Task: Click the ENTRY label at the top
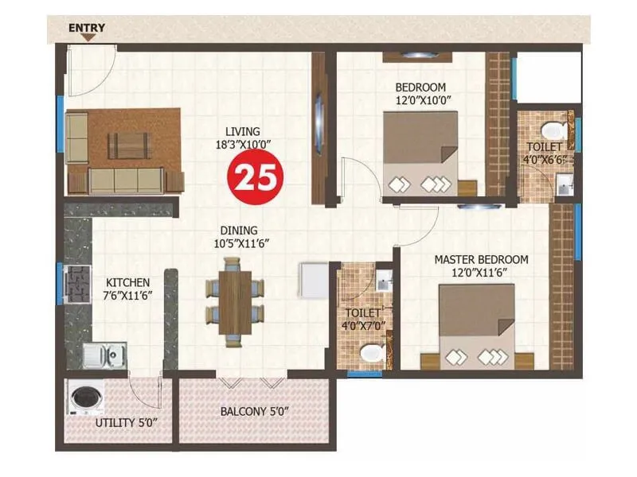pyautogui.click(x=87, y=28)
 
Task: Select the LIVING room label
pyautogui.click(x=242, y=131)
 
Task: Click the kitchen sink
pyautogui.click(x=105, y=354)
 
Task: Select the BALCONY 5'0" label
pyautogui.click(x=254, y=412)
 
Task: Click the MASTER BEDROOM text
pyautogui.click(x=481, y=260)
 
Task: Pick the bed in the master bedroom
pyautogui.click(x=477, y=326)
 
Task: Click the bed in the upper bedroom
pyautogui.click(x=420, y=151)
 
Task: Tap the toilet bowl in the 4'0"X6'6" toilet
pyautogui.click(x=553, y=128)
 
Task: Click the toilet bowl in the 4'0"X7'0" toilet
pyautogui.click(x=369, y=352)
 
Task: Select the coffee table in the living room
pyautogui.click(x=129, y=145)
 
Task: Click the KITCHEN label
pyautogui.click(x=128, y=282)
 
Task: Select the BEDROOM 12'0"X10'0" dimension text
pyautogui.click(x=424, y=101)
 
